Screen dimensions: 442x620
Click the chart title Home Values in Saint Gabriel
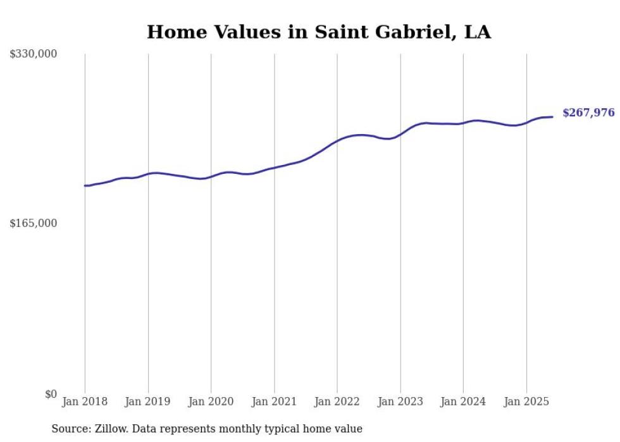tap(318, 32)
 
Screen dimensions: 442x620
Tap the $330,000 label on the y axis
tap(34, 54)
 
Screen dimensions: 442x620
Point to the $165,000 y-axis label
tap(34, 223)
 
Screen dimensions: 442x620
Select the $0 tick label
tap(51, 394)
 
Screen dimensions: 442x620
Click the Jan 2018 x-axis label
tap(85, 402)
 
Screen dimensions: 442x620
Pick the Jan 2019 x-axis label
tap(148, 402)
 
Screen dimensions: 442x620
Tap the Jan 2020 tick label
tap(211, 402)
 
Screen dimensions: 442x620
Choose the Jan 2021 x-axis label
tap(274, 402)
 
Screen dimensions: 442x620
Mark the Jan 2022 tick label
tap(337, 402)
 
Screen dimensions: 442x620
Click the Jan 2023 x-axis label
tap(400, 402)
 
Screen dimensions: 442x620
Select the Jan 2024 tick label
tap(463, 402)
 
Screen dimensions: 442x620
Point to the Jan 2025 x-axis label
tap(526, 402)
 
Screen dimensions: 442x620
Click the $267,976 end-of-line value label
tap(588, 113)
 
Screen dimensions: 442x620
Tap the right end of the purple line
tap(552, 116)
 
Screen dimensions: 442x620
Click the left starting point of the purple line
tap(85, 186)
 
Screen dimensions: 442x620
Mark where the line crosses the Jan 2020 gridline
tap(211, 176)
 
